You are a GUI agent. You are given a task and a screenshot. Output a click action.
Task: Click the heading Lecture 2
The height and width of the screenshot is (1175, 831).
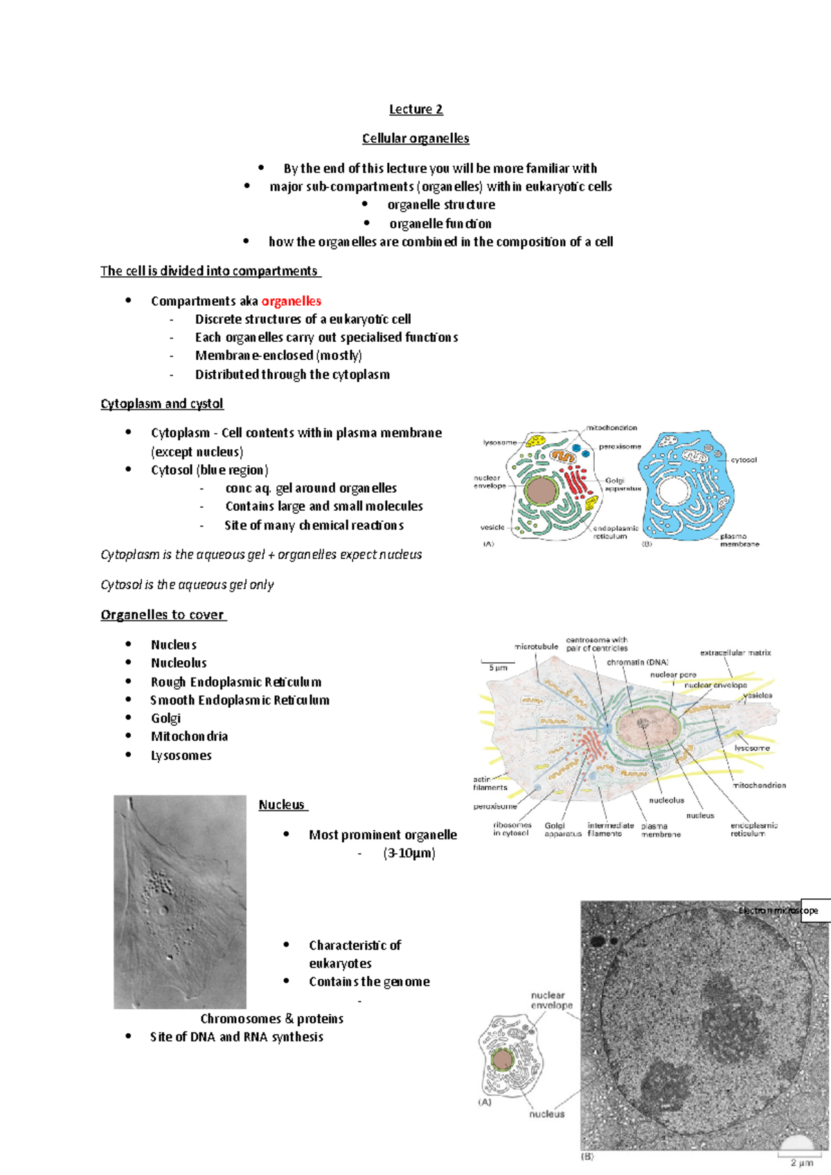(415, 109)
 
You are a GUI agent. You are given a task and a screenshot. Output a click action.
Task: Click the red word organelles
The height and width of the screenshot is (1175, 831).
(291, 301)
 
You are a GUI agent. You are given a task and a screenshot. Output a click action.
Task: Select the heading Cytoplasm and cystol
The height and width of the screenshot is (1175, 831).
(161, 403)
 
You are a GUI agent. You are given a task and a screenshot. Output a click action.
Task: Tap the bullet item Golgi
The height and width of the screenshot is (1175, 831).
(166, 718)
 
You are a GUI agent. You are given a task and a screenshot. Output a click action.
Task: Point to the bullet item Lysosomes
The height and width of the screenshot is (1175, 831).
(181, 756)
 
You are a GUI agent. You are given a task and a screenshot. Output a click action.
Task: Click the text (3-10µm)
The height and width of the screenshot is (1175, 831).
(409, 853)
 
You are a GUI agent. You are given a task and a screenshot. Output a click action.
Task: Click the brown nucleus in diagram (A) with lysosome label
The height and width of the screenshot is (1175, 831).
(541, 491)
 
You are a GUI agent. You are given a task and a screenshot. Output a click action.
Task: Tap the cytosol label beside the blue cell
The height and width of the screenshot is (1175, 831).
(744, 459)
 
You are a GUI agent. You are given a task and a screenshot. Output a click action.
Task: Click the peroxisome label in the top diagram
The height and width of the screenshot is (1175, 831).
(620, 447)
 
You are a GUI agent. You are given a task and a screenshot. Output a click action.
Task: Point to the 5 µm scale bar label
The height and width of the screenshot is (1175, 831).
(498, 668)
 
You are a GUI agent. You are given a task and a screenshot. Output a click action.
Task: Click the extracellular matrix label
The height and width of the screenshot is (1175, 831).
(735, 653)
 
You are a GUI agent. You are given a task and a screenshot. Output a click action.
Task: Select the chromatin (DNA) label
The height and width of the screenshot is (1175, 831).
(637, 662)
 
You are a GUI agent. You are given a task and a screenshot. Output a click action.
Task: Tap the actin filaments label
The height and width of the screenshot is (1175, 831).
(490, 783)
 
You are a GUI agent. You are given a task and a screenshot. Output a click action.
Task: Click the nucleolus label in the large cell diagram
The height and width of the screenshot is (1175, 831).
(666, 800)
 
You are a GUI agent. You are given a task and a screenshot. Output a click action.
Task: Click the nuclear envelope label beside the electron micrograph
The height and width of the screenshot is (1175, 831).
(551, 1000)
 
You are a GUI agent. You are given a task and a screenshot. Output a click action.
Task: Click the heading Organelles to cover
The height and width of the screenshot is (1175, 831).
(163, 614)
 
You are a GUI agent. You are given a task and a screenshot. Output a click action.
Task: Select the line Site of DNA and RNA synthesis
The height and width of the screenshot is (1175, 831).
(236, 1037)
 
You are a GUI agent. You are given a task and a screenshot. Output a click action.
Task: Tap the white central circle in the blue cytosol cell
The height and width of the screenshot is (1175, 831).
(670, 492)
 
